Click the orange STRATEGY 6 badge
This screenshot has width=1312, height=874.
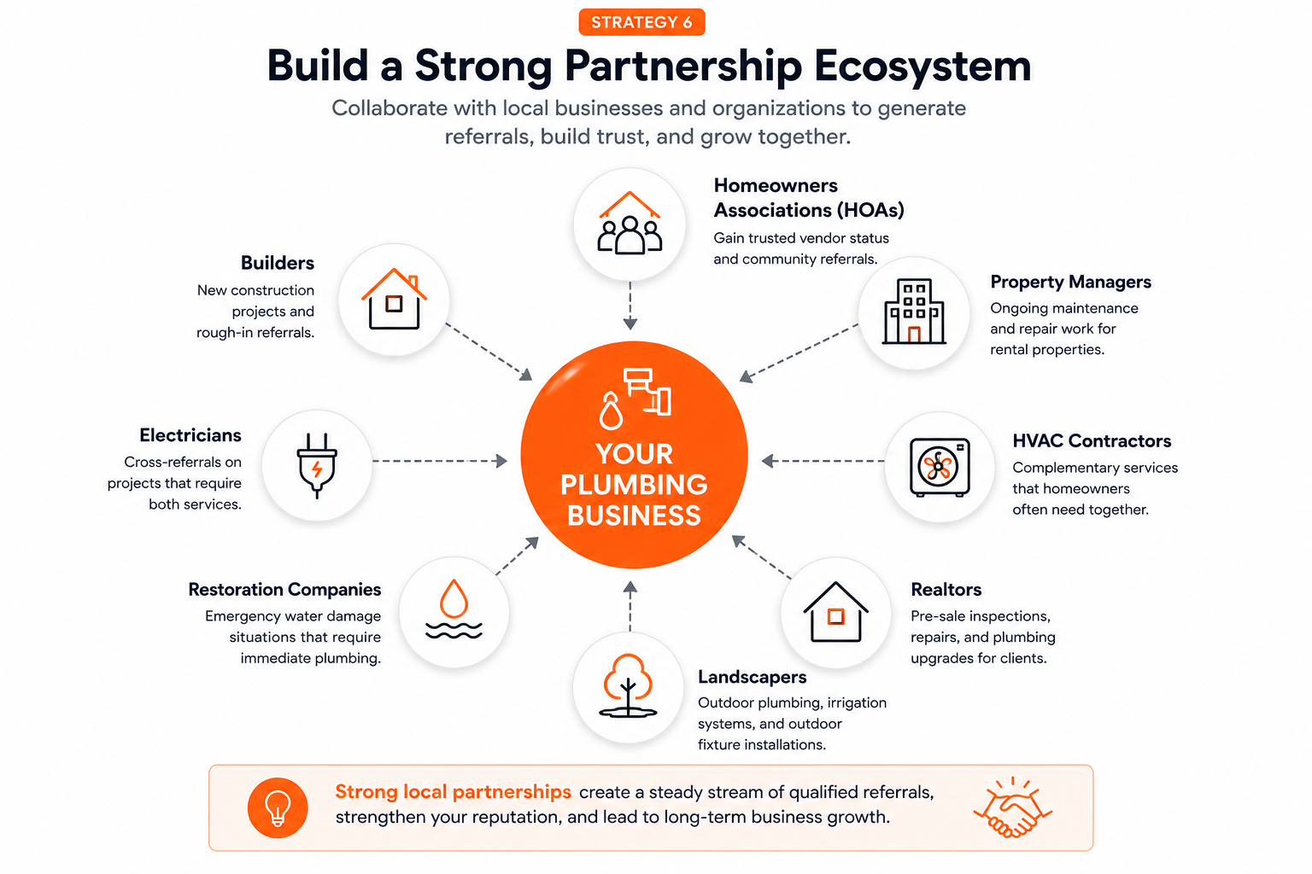pos(641,22)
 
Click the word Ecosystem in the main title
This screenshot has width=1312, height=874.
pos(922,67)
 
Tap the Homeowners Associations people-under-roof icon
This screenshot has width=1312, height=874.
pos(630,223)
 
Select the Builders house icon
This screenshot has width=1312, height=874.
pos(394,299)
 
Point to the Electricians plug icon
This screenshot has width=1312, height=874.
pos(317,465)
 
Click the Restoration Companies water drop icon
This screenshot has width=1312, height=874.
pos(454,609)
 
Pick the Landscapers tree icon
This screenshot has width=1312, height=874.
pos(628,685)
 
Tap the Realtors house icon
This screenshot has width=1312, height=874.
pos(836,612)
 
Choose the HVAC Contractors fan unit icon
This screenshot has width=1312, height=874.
pos(940,467)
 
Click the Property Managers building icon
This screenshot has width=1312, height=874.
pos(914,311)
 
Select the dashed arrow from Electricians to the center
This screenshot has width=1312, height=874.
pos(440,461)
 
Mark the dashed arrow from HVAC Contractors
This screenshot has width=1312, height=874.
pos(823,461)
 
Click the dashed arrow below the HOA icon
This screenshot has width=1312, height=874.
pos(630,306)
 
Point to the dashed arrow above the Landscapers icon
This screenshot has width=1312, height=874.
pos(630,607)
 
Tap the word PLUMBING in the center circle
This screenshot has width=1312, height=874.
pos(635,485)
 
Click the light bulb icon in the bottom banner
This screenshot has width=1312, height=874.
pos(278,807)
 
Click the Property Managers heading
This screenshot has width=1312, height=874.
pos(1070,283)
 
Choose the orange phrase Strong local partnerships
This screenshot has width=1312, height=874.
pos(453,792)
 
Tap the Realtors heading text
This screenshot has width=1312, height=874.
pos(946,590)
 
